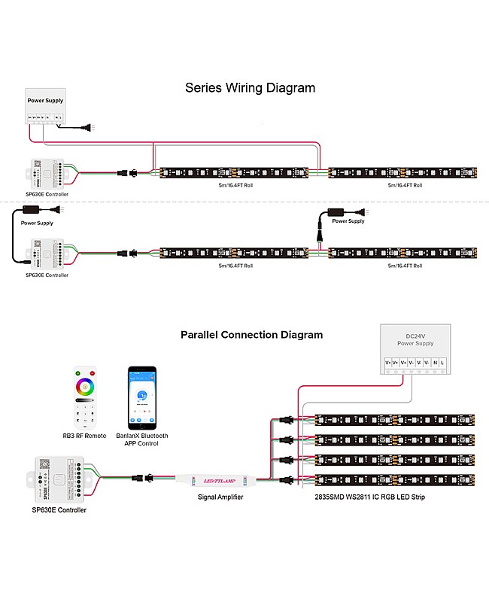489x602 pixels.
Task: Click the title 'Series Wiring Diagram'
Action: point(250,88)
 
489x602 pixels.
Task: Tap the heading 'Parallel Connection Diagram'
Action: point(251,335)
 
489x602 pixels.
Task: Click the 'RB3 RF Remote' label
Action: point(84,436)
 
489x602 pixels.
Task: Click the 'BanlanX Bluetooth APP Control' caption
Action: point(142,439)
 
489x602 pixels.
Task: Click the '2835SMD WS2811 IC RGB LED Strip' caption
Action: point(371,497)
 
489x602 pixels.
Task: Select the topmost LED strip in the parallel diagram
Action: point(395,420)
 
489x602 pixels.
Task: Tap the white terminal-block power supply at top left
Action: point(45,106)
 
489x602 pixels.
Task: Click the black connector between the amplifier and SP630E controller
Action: point(143,477)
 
